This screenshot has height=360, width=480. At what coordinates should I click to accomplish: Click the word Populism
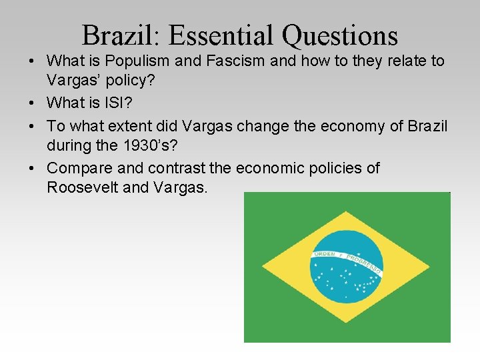[x=139, y=61]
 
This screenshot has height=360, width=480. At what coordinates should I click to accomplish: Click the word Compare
[x=80, y=167]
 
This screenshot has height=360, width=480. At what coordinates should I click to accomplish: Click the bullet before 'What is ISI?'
[x=33, y=103]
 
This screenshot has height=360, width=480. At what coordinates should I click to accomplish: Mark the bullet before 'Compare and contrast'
[x=33, y=168]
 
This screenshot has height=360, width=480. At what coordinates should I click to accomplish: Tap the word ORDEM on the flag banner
[x=325, y=254]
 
